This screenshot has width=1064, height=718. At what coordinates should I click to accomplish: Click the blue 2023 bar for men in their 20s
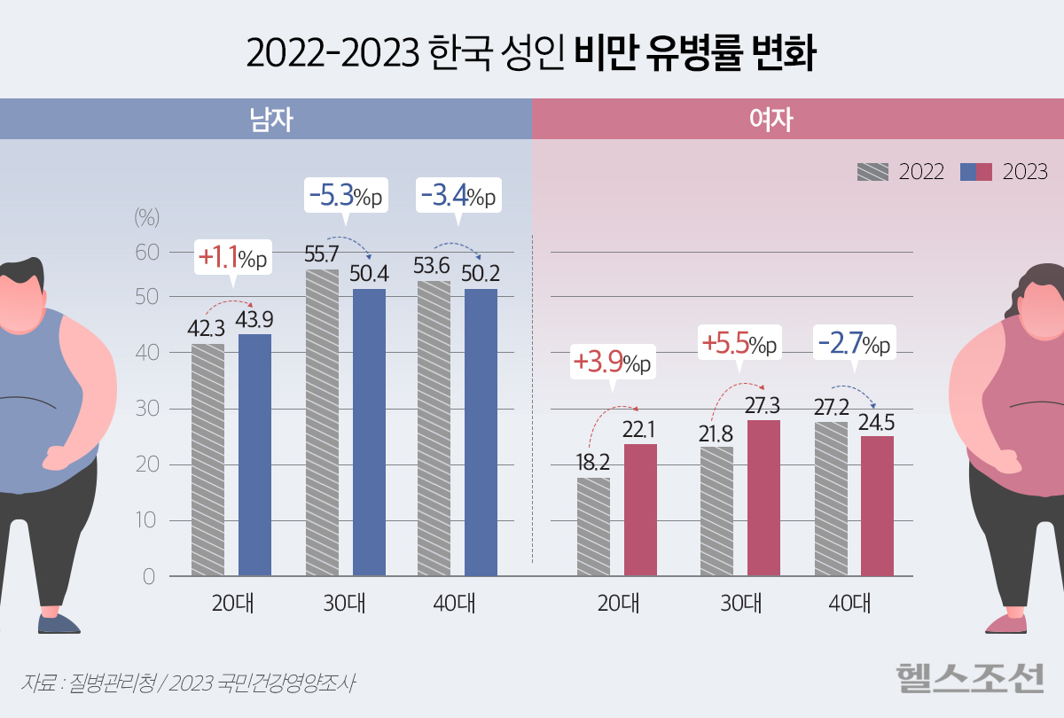(x=255, y=455)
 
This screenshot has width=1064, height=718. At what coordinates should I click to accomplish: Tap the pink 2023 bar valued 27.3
(x=763, y=498)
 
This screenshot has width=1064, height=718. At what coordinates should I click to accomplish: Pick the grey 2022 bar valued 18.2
(x=593, y=527)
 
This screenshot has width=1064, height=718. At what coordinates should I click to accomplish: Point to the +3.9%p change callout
(x=612, y=363)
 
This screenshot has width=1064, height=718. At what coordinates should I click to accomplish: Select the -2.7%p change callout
(x=854, y=342)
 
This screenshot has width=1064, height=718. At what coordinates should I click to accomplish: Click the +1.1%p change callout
(x=232, y=258)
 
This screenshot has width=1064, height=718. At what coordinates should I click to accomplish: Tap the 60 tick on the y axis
(x=146, y=253)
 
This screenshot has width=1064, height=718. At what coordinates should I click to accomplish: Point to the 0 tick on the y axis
(x=148, y=577)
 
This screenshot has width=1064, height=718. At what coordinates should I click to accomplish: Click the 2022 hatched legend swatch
(x=872, y=172)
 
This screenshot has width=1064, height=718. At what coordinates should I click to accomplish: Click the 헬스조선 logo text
(x=969, y=680)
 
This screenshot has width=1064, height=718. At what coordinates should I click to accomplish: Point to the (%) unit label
(x=145, y=216)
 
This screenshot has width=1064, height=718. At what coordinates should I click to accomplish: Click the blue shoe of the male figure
(x=59, y=622)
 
